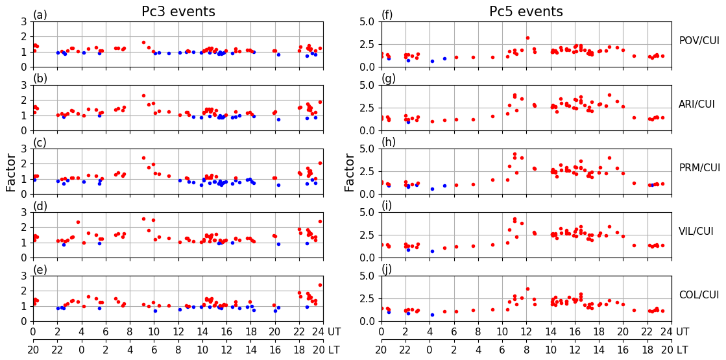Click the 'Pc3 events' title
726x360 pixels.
pyautogui.click(x=178, y=12)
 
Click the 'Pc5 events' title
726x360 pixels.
pyautogui.click(x=526, y=12)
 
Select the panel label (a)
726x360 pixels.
pyautogui.click(x=40, y=15)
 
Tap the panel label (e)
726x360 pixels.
pyautogui.click(x=40, y=270)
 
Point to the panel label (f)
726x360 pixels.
pyautogui.click(x=387, y=15)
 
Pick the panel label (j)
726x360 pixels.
pyautogui.click(x=387, y=270)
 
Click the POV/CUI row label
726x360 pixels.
pyautogui.click(x=699, y=41)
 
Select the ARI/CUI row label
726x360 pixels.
pyautogui.click(x=699, y=104)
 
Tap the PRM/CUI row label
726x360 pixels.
pyautogui.click(x=699, y=168)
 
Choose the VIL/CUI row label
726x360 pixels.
pyautogui.click(x=699, y=232)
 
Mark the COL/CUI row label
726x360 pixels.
pyautogui.click(x=699, y=295)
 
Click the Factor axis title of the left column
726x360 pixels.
pyautogui.click(x=11, y=172)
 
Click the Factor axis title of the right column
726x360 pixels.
pyautogui.click(x=350, y=172)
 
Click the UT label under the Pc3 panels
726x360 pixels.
pyautogui.click(x=333, y=332)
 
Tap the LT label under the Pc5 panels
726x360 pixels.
pyautogui.click(x=682, y=350)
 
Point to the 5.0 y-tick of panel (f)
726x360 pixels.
pyautogui.click(x=367, y=21)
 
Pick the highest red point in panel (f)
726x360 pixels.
pyautogui.click(x=527, y=38)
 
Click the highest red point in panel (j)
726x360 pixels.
pyautogui.click(x=527, y=289)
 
